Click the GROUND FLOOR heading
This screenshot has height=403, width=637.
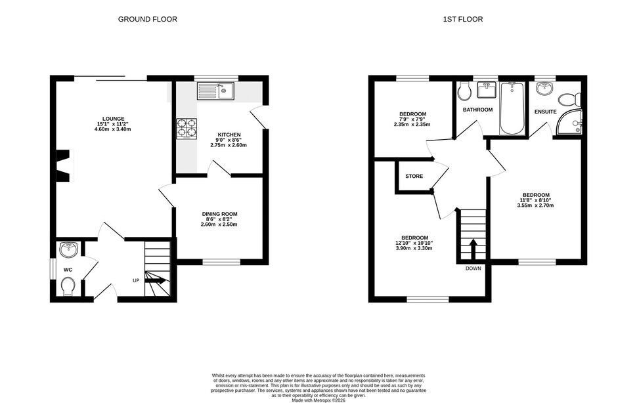(x=148, y=19)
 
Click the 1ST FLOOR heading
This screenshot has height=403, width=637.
(x=463, y=19)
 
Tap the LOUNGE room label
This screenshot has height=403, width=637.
(x=114, y=119)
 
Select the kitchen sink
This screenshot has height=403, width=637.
(x=215, y=91)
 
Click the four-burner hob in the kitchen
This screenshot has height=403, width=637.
(x=187, y=129)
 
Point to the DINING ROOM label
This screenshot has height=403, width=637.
(x=220, y=214)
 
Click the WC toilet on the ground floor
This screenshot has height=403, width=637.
(x=68, y=287)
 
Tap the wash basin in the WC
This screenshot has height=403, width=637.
(x=68, y=249)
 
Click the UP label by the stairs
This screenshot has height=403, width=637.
(x=136, y=280)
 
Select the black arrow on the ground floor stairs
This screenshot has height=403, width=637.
(x=156, y=280)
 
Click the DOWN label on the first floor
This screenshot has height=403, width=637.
(x=473, y=268)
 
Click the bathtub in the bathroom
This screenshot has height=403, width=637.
(x=512, y=108)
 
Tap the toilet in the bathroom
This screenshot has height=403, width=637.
(x=464, y=91)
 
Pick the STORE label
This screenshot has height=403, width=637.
(x=414, y=176)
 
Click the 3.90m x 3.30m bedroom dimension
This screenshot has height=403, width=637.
(x=414, y=248)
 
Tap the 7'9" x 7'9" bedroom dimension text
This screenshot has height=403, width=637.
(x=412, y=119)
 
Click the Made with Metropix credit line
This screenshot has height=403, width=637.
(x=318, y=400)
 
